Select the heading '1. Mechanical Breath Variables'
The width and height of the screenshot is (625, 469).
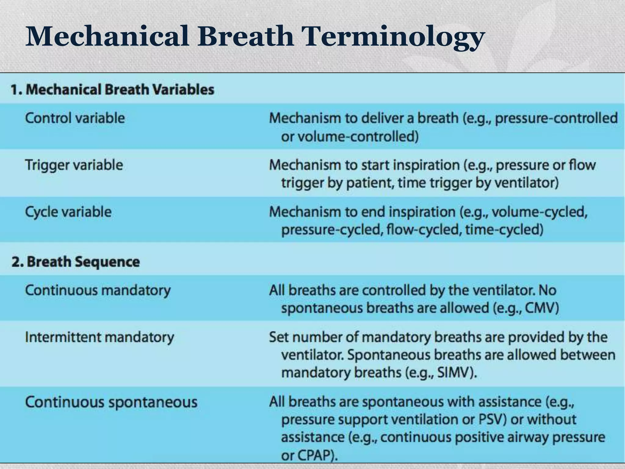click(112, 90)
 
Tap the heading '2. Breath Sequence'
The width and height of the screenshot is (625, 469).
click(76, 262)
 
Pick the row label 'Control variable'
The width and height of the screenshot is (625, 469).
click(75, 118)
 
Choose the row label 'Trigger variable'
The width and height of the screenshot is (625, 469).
click(74, 165)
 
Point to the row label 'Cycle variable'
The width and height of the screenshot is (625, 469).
click(68, 212)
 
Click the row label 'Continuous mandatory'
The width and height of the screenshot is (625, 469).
click(98, 290)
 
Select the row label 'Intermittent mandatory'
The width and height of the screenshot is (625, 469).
click(99, 337)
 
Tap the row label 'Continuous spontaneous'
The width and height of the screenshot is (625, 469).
click(111, 402)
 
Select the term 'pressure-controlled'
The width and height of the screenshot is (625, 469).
click(556, 118)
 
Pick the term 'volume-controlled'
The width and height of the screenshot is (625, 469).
click(356, 136)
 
